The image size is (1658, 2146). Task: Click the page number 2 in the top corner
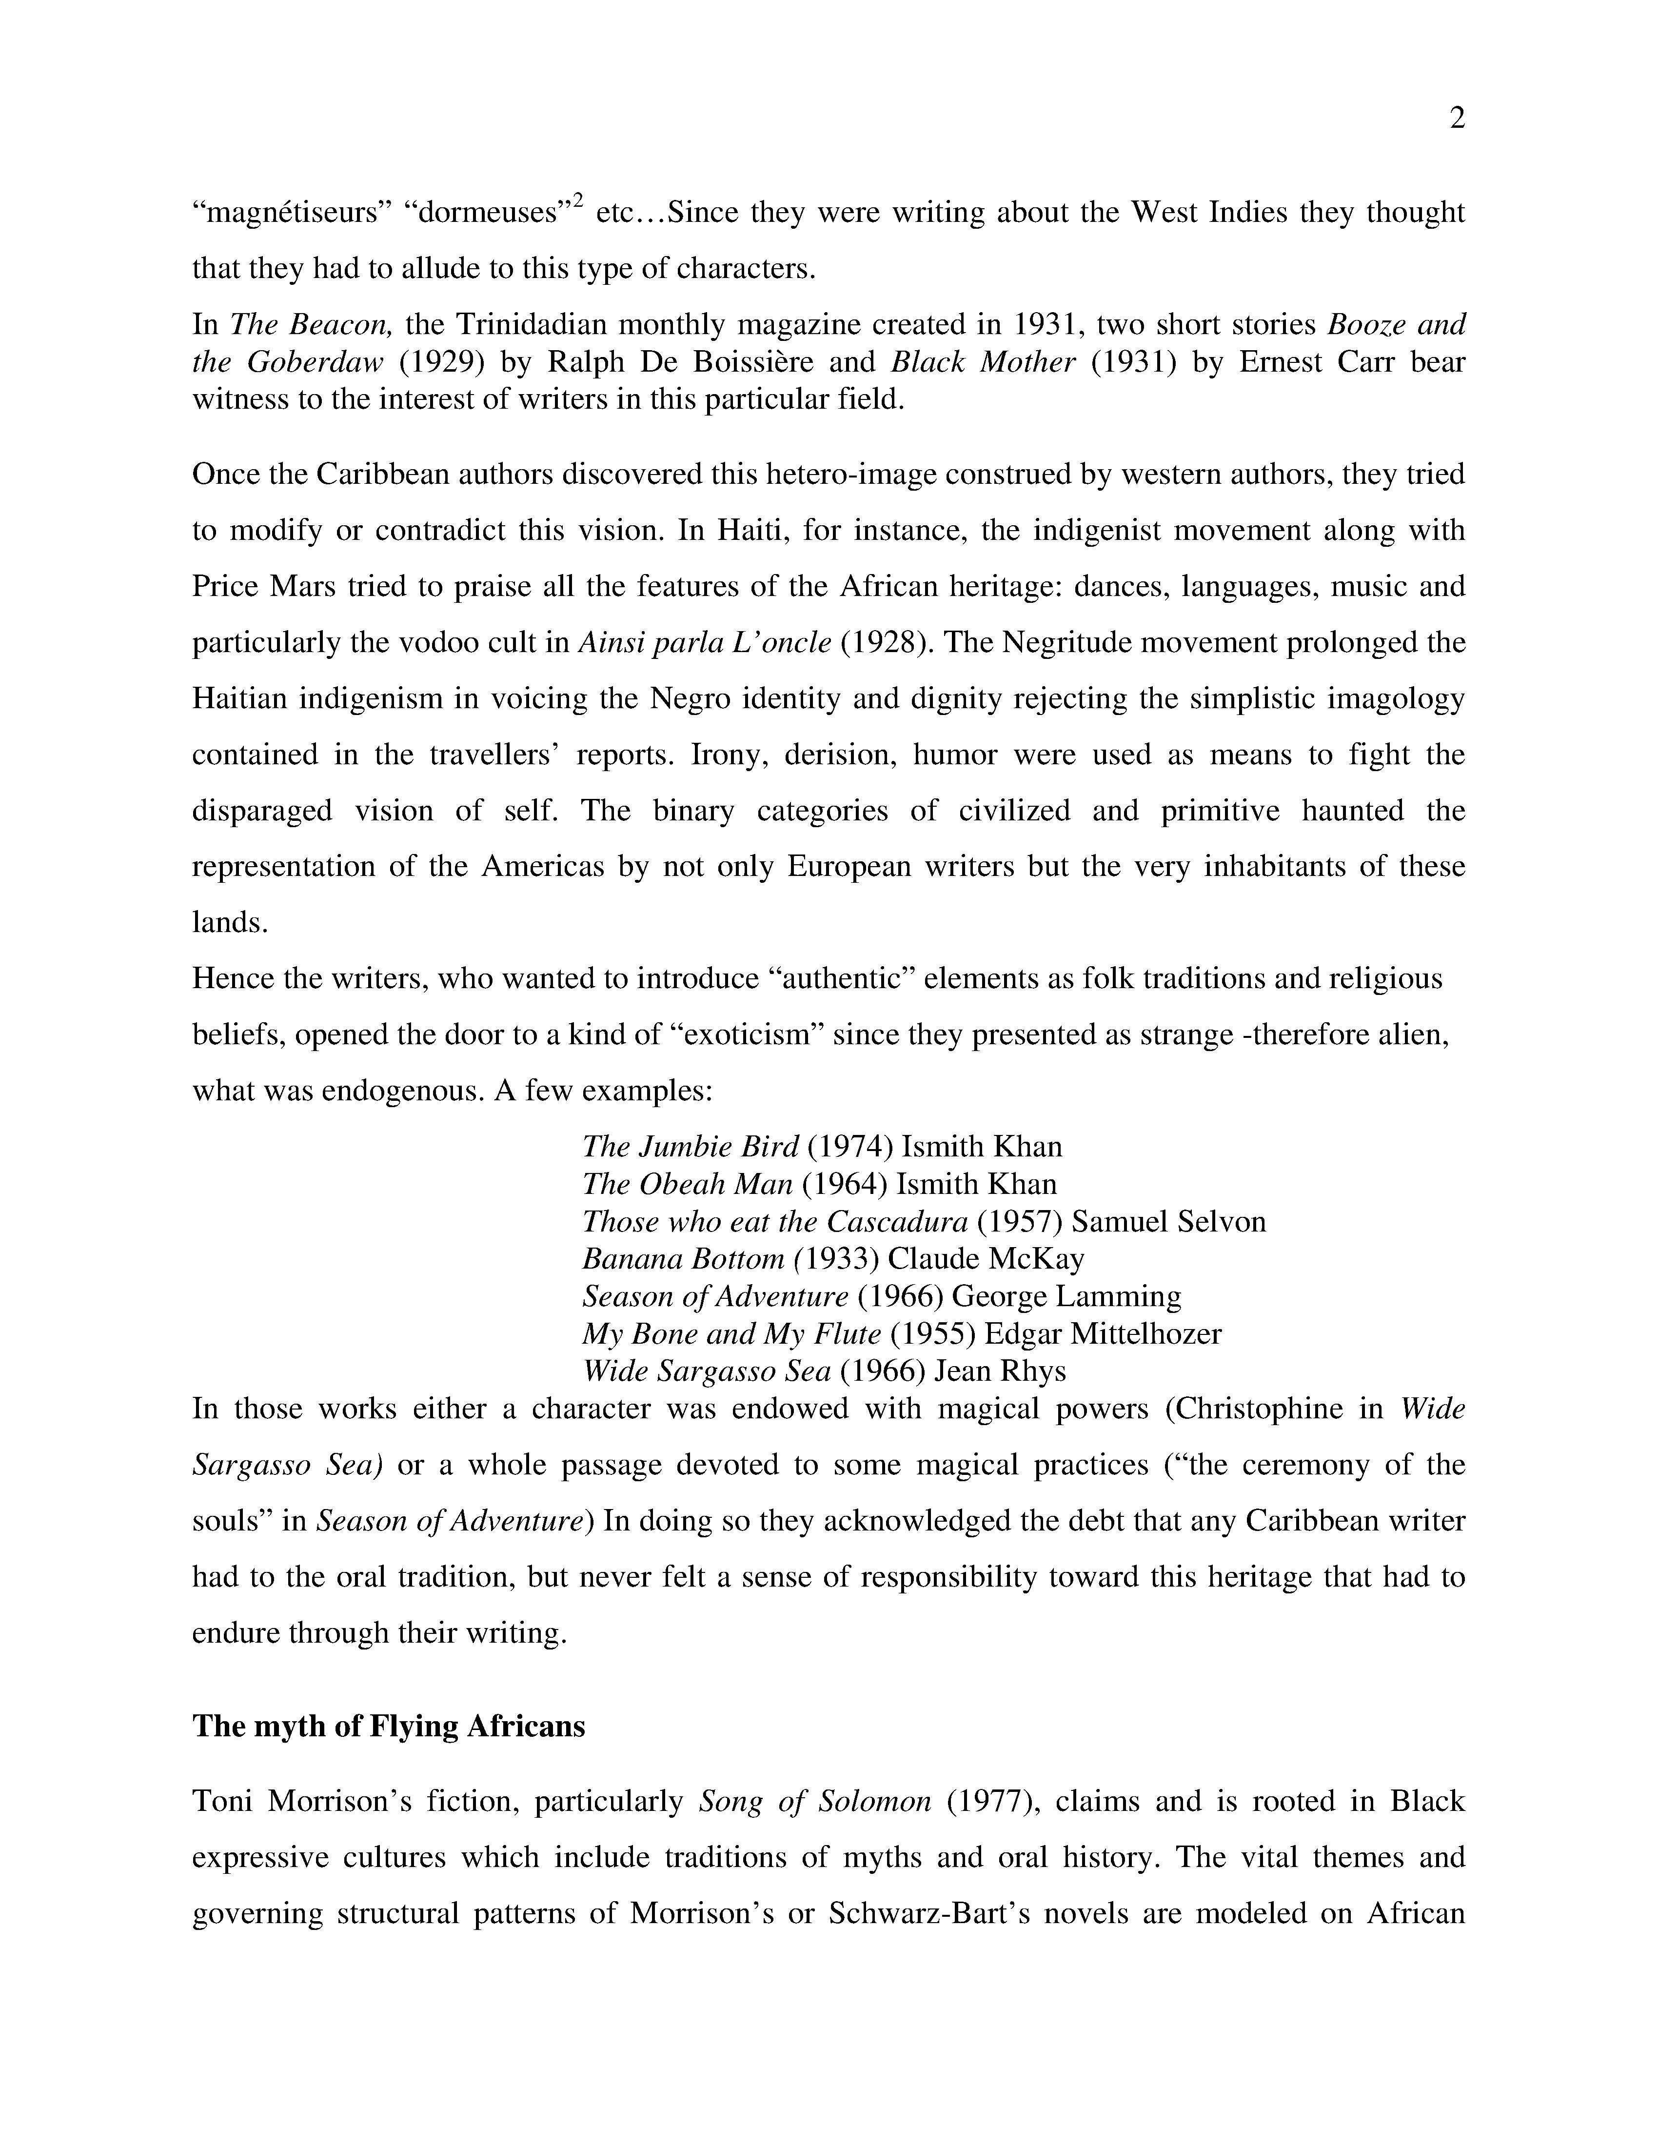[1457, 119]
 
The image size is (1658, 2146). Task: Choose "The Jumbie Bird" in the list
[691, 1147]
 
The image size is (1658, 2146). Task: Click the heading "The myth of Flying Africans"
[388, 1727]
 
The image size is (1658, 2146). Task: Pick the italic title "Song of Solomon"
[814, 1801]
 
